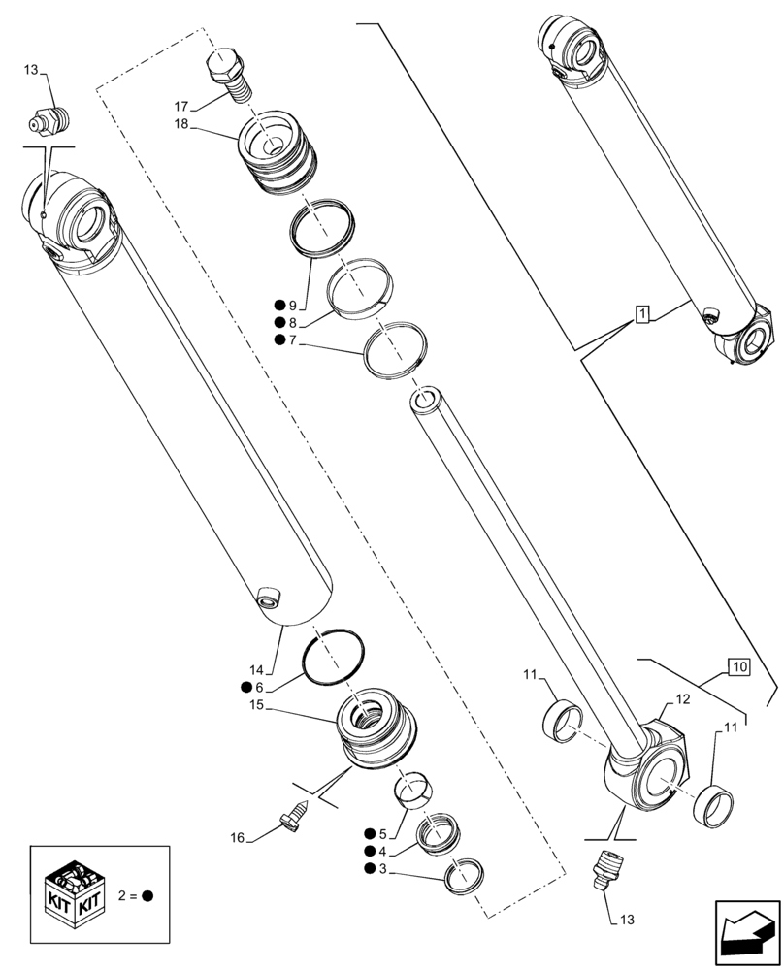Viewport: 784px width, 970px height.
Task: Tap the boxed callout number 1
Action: pyautogui.click(x=642, y=312)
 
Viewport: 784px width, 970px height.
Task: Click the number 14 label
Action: pyautogui.click(x=256, y=669)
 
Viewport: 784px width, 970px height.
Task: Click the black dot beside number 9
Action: pyautogui.click(x=279, y=306)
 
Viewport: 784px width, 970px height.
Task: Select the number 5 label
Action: pyautogui.click(x=382, y=834)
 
